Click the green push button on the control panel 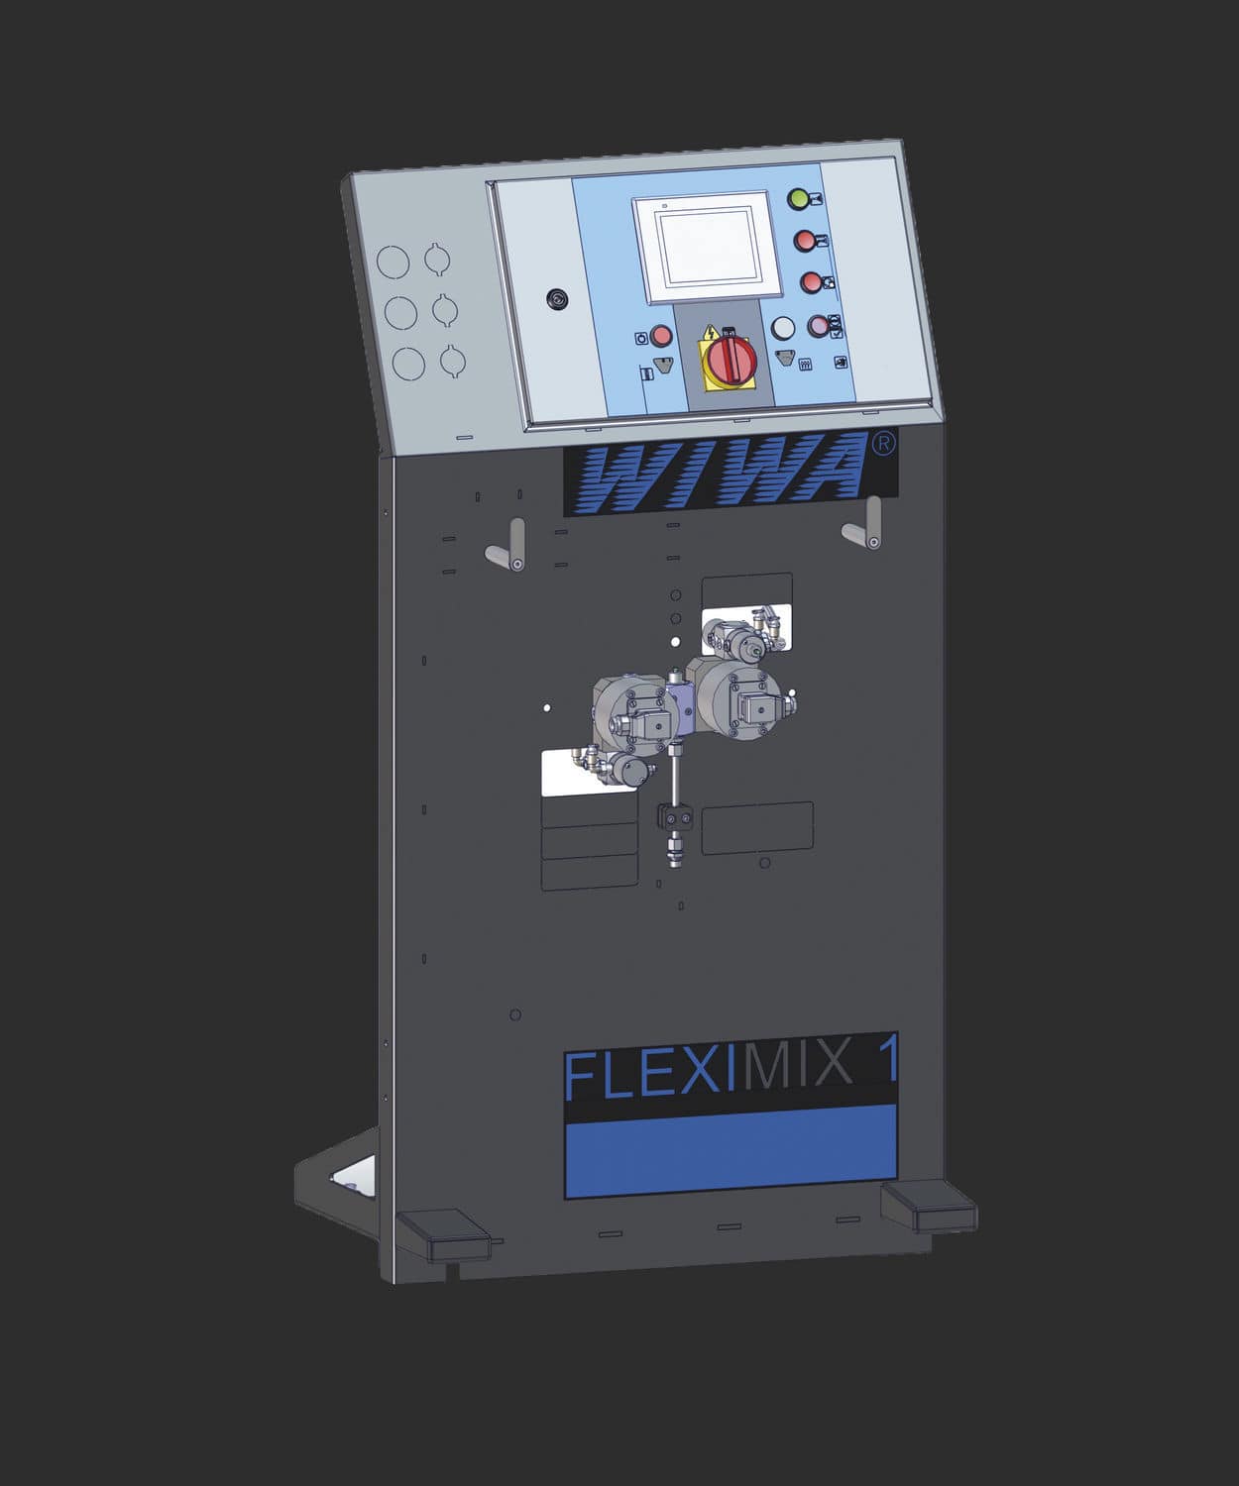click(x=798, y=199)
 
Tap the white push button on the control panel click(x=783, y=328)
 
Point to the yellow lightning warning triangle click(x=710, y=334)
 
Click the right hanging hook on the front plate click(x=866, y=525)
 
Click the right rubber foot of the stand click(x=927, y=1205)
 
